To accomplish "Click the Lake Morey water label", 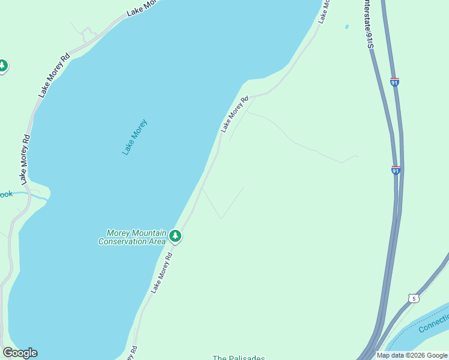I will pos(134,137).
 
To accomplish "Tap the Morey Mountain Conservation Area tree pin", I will pos(175,236).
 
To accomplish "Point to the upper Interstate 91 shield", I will pos(394,82).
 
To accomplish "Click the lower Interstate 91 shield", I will pos(396,170).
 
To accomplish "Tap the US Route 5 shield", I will pos(413,298).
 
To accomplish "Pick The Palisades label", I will pos(238,358).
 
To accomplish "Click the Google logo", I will pos(20,353).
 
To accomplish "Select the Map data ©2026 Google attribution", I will pos(412,355).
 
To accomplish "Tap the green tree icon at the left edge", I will pos(3,65).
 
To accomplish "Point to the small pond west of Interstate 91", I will pos(346,26).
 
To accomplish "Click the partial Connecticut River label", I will pos(433,325).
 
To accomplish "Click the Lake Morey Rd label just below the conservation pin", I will pos(161,272).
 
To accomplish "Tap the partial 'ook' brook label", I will pos(6,194).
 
